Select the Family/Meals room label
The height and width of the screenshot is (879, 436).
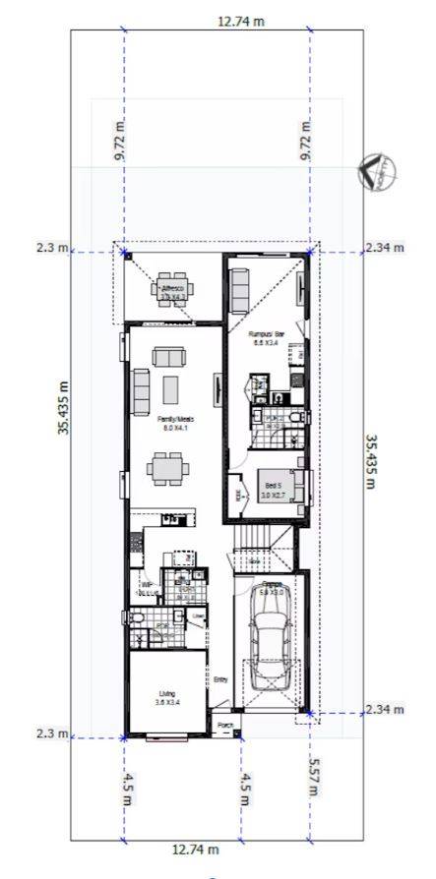pos(173,423)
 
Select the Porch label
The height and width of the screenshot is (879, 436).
pos(226,728)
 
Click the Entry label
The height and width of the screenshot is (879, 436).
pos(220,679)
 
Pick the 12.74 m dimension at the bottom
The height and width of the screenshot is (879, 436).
pos(195,849)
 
